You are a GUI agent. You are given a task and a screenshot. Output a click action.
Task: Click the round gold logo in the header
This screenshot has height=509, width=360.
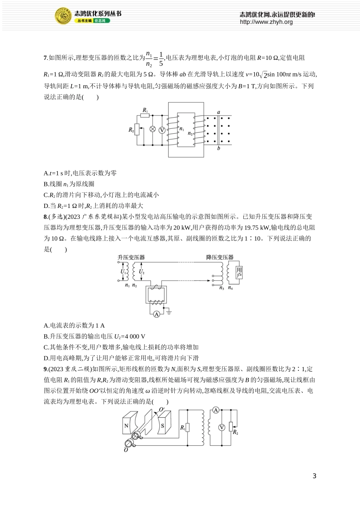tap(63, 16)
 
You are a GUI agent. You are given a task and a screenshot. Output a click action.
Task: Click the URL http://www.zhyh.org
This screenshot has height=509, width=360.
tap(266, 22)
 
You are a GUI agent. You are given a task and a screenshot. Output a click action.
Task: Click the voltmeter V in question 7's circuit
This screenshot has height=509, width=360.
tap(162, 130)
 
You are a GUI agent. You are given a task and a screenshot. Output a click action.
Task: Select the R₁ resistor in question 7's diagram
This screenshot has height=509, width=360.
tap(145, 115)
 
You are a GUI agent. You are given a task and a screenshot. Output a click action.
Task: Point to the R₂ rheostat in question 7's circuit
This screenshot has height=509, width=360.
tap(137, 130)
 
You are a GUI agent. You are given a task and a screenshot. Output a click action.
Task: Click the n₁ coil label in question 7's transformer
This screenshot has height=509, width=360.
tap(182, 129)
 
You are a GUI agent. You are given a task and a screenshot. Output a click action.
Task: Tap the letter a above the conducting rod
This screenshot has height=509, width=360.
tap(219, 112)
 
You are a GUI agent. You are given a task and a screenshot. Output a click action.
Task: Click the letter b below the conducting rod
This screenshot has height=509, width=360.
tap(219, 148)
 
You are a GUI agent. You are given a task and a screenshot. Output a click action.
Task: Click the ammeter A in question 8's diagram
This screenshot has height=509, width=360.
tap(157, 314)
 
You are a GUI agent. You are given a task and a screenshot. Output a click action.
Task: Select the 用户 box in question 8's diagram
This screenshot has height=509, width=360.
tap(239, 272)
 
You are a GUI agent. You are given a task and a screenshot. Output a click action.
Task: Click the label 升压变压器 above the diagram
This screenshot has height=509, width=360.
tap(131, 257)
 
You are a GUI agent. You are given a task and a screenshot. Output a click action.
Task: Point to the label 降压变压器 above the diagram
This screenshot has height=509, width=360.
tap(220, 257)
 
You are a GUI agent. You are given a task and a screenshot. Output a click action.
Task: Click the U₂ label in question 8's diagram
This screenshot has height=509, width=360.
tap(141, 272)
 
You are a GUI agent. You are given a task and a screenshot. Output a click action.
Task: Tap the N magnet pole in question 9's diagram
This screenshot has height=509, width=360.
tap(126, 426)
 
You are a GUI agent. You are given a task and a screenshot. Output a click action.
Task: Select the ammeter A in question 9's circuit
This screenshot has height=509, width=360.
tap(216, 410)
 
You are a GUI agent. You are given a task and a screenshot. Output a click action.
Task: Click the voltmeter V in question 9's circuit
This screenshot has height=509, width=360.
tap(222, 428)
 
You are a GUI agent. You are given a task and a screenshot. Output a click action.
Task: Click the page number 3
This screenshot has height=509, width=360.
tap(314, 476)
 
